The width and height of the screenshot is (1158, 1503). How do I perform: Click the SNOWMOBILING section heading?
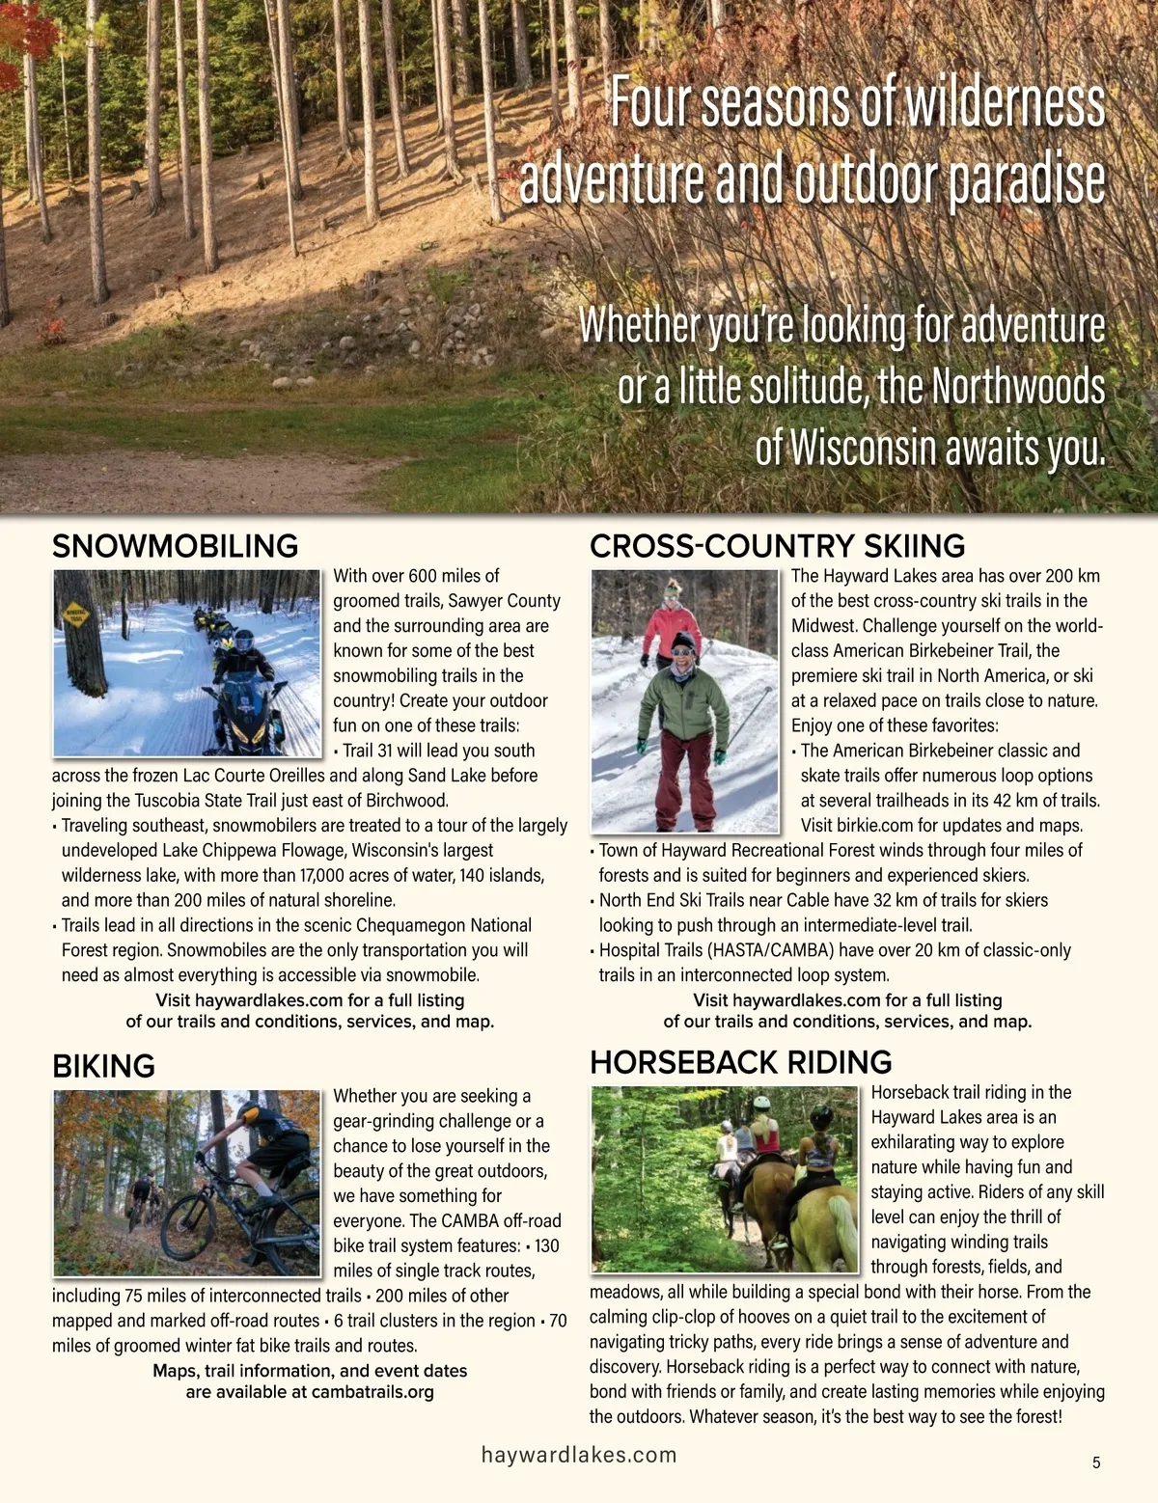175,546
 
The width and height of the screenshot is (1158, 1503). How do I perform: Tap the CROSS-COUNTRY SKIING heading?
777,546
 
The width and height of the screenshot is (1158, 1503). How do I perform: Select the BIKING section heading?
103,1066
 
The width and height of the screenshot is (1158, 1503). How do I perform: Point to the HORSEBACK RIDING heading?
740,1062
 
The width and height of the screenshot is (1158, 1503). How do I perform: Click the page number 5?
1096,1462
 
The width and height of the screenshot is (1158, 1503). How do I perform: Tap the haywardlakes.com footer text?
579,1455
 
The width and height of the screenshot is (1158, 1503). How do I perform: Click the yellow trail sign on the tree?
75,614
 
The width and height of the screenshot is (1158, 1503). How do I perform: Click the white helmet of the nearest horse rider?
822,1116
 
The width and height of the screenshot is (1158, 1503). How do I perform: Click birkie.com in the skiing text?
839,826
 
